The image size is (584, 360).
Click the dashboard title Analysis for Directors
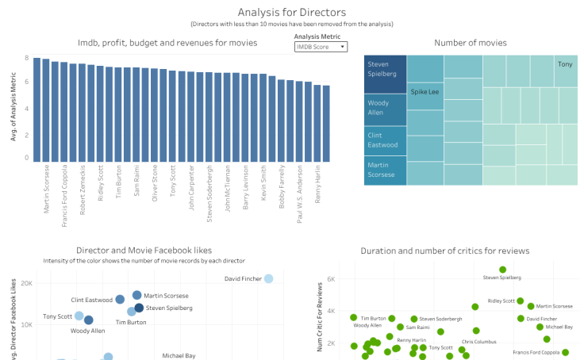pos(291,12)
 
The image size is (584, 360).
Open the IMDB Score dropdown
pos(320,48)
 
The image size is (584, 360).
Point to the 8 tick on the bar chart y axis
pos(26,59)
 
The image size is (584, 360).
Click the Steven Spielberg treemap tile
pos(385,74)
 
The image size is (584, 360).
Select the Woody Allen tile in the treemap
pos(385,107)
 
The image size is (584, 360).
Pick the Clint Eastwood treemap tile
pos(385,140)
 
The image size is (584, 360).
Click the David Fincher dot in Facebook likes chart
pos(268,278)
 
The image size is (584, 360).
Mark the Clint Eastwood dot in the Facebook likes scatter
pos(120,300)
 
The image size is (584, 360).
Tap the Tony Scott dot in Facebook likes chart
pos(79,316)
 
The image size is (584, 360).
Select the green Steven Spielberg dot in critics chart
pos(502,270)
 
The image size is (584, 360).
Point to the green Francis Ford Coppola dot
pos(566,352)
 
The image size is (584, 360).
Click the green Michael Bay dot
pos(540,327)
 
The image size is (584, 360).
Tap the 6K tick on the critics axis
pos(331,279)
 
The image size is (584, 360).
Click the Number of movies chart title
pos(472,43)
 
